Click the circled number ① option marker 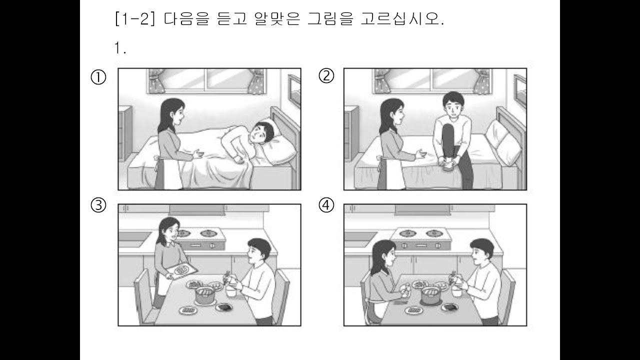tap(98, 77)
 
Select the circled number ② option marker tap(326, 76)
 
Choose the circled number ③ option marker tap(98, 205)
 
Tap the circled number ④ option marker tap(326, 205)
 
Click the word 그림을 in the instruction tap(330, 19)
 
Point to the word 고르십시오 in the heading tap(402, 19)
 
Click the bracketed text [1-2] tap(135, 19)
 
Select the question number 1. tap(120, 47)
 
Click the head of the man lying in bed tap(264, 133)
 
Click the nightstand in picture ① tap(125, 133)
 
